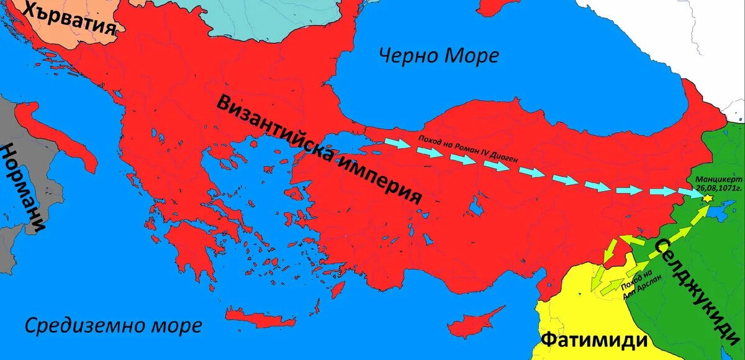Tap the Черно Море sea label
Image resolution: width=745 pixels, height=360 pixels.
pyautogui.click(x=439, y=56)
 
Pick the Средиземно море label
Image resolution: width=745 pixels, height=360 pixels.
pyautogui.click(x=114, y=325)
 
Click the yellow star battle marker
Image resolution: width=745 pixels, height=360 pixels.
pyautogui.click(x=706, y=198)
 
